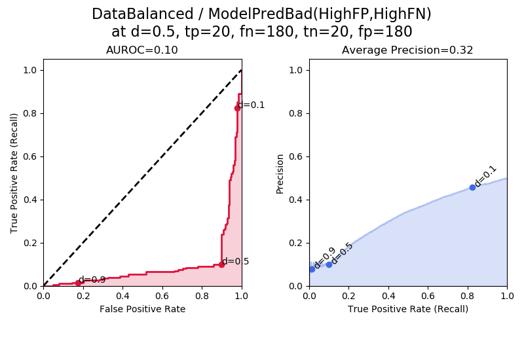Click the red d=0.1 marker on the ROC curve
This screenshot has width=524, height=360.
237,108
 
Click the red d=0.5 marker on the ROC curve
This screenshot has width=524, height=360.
221,264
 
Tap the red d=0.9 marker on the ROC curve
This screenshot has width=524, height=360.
78,283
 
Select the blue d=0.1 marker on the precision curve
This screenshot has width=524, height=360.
472,187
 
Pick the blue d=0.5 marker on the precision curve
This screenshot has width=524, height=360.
329,264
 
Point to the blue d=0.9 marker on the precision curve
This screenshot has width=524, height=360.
312,269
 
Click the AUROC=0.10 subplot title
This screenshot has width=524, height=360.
142,50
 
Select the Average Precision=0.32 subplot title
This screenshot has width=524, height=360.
407,50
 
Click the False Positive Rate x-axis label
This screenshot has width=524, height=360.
142,309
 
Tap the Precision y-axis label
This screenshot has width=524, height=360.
280,173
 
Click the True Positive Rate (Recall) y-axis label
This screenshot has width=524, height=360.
14,173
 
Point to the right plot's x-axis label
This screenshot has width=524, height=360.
407,309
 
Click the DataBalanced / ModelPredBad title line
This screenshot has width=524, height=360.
261,14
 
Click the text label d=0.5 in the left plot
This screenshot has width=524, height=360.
236,261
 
